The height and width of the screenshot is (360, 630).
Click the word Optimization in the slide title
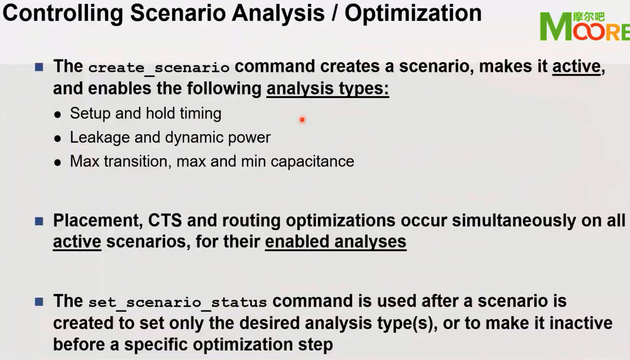pyautogui.click(x=413, y=13)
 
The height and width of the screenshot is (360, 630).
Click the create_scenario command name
pyautogui.click(x=158, y=68)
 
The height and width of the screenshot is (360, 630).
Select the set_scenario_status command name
pyautogui.click(x=177, y=302)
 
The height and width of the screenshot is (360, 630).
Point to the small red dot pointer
pyautogui.click(x=302, y=120)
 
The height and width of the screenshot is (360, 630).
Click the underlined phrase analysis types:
pyautogui.click(x=328, y=88)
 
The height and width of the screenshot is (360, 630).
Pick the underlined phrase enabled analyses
pyautogui.click(x=335, y=242)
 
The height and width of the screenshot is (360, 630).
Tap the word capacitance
pyautogui.click(x=312, y=161)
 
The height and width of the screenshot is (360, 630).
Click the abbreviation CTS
pyautogui.click(x=165, y=221)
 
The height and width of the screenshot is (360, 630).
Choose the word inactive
pyautogui.click(x=581, y=323)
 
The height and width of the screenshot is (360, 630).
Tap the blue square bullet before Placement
pyautogui.click(x=39, y=221)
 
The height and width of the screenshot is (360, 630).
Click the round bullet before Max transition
pyautogui.click(x=58, y=162)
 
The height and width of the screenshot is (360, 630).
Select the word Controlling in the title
pyautogui.click(x=63, y=13)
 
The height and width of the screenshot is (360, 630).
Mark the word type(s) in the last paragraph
pyautogui.click(x=412, y=323)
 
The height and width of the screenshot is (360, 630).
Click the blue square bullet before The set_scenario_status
pyautogui.click(x=39, y=302)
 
